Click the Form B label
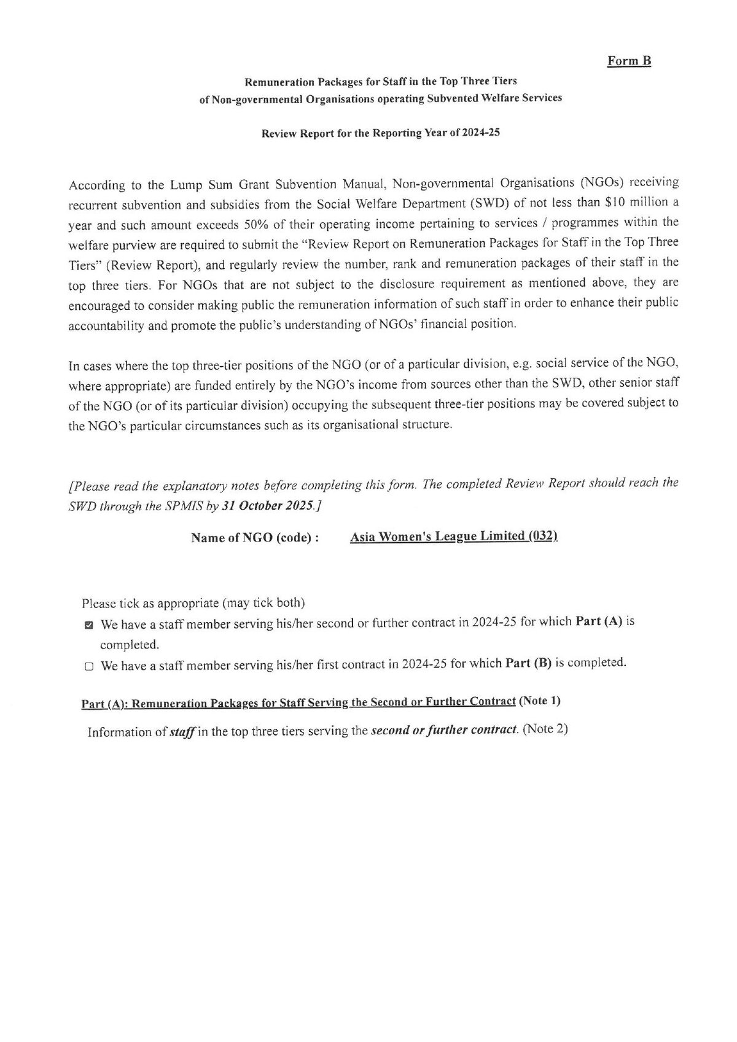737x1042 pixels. tap(629, 61)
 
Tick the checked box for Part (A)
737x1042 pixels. tap(89, 625)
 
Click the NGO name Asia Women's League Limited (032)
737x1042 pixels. tap(454, 536)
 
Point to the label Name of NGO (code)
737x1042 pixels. tap(255, 538)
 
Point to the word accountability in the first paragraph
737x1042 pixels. tap(106, 326)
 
